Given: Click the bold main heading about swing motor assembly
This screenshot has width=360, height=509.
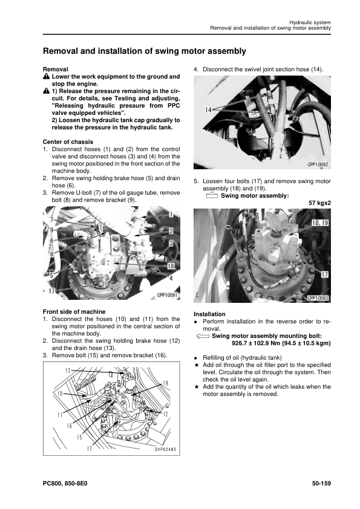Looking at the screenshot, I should [144, 52].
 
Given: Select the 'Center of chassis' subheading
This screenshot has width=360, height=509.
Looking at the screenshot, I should [68, 142].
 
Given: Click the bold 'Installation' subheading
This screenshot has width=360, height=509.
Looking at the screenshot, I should [209, 314].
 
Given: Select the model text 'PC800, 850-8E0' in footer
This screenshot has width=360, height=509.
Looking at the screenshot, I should [70, 484].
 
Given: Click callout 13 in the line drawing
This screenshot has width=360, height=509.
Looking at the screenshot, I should [68, 370].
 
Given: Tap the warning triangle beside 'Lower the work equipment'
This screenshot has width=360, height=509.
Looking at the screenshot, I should [46, 77].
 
